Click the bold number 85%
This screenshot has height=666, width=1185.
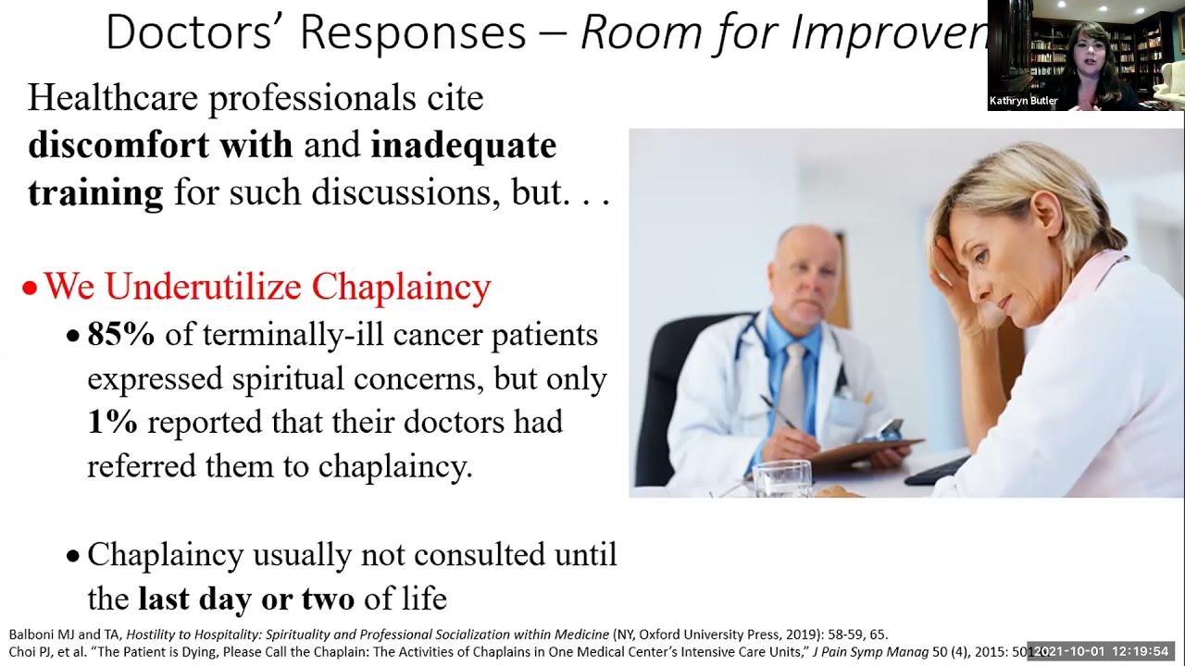120,335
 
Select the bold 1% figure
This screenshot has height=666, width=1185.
112,423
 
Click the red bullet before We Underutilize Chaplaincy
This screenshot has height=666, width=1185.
30,289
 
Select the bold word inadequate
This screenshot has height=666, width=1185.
463,145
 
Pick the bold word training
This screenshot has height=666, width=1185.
95,192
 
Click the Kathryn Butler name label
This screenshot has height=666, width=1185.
1023,101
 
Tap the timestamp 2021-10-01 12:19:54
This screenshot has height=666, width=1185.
1102,652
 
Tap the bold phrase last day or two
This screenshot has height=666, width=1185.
245,599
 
